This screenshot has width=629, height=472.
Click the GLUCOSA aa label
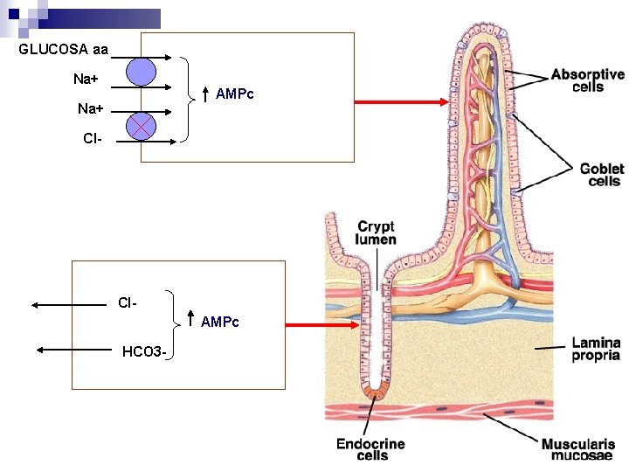[63, 50]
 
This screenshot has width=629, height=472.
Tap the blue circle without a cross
[141, 72]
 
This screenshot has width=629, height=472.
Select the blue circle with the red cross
[141, 127]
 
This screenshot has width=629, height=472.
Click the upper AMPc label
[234, 94]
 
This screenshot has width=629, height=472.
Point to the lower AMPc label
[219, 323]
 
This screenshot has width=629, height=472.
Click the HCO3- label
[144, 351]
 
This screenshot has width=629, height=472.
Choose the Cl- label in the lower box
[128, 303]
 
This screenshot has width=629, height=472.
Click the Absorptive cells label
[587, 80]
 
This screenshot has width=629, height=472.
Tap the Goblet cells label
[601, 175]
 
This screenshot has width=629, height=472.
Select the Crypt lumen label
[376, 233]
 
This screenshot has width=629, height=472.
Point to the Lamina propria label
[596, 349]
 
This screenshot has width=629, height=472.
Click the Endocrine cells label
[370, 449]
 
